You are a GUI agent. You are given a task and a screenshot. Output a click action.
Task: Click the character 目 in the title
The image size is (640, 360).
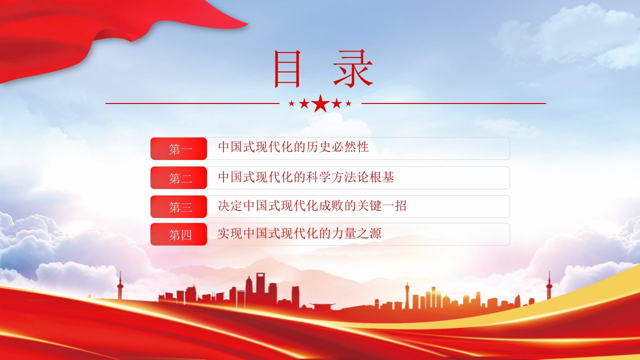click(287, 68)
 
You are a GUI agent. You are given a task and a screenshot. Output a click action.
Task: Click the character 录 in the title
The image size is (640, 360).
click(353, 68)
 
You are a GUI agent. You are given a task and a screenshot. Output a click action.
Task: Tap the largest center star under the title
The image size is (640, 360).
click(320, 103)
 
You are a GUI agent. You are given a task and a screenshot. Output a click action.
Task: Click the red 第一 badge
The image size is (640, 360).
click(178, 148)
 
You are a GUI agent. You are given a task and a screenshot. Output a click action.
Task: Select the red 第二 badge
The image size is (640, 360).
click(178, 177)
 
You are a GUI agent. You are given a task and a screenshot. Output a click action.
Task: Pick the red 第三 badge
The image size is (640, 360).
click(178, 206)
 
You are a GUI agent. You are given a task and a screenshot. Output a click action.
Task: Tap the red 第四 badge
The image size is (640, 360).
click(178, 234)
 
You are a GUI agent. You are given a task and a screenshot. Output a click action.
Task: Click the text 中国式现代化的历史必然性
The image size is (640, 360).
click(293, 147)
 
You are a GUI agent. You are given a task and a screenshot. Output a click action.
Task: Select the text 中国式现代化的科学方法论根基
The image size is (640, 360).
click(306, 177)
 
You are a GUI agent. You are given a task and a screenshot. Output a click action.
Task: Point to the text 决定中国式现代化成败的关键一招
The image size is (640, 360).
click(312, 205)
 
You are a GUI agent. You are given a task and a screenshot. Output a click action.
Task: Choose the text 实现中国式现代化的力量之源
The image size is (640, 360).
click(299, 233)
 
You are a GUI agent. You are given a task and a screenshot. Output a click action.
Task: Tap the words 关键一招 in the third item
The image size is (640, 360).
click(381, 205)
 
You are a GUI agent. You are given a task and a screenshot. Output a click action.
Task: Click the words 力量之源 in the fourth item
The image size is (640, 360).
click(356, 233)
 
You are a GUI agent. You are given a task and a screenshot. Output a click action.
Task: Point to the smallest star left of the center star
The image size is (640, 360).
click(291, 103)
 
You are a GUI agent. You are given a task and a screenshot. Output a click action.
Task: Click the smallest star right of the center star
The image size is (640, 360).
click(348, 103)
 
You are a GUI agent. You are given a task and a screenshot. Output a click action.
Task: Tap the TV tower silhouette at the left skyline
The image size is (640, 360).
click(120, 285)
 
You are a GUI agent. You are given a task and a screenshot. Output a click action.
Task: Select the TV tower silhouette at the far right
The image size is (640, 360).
click(549, 285)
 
